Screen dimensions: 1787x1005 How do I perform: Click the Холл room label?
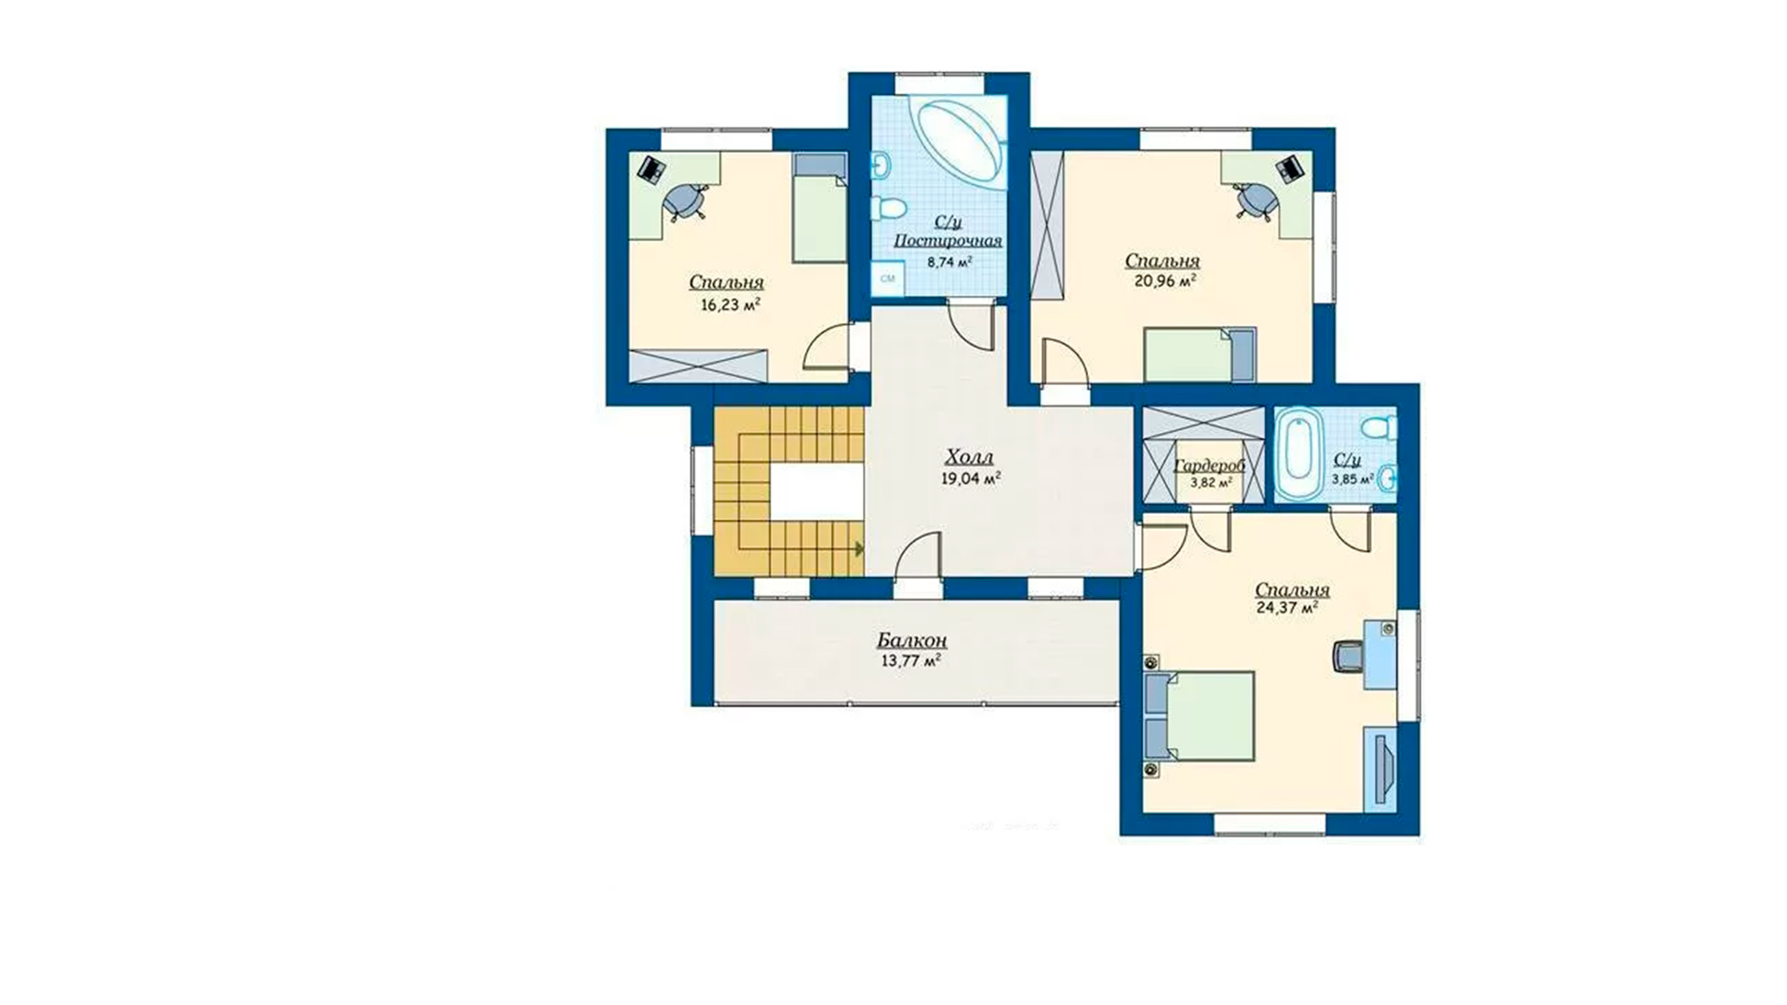[969, 457]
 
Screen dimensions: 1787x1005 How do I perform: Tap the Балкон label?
[912, 640]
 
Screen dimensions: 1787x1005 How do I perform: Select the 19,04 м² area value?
[971, 479]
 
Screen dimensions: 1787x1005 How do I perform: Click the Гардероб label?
[1210, 466]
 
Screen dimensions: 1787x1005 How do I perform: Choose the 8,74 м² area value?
[949, 262]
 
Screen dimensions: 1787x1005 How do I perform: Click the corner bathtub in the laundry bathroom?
[959, 144]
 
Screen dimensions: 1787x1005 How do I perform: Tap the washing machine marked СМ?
[887, 278]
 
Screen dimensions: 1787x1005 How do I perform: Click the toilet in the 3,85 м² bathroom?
[1377, 428]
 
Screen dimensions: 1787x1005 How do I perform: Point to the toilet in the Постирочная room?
[892, 208]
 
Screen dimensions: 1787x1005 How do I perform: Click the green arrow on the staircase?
[859, 548]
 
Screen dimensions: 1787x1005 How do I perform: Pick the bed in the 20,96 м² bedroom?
[1200, 355]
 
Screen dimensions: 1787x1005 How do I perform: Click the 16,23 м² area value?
[731, 304]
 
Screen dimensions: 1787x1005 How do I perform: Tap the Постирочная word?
[947, 241]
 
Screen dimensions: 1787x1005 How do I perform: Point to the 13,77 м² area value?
[910, 662]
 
